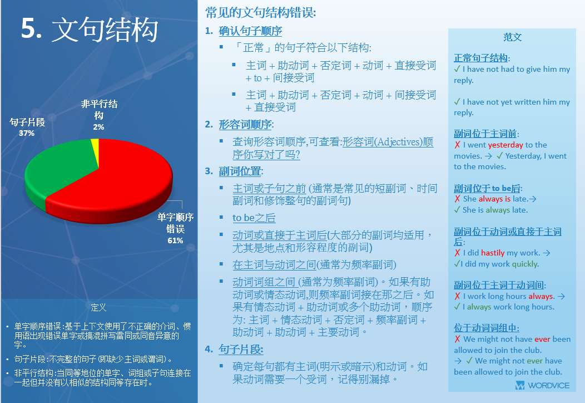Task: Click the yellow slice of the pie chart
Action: click(95, 149)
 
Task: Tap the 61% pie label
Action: click(175, 240)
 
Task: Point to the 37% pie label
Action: click(27, 133)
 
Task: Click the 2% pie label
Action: click(98, 127)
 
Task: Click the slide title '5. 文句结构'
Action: click(90, 29)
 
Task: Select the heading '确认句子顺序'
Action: click(250, 31)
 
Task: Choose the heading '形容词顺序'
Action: click(245, 124)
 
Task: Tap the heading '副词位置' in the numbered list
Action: click(240, 171)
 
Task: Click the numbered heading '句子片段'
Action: click(241, 349)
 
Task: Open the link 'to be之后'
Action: click(254, 218)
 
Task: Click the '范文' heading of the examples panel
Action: click(512, 37)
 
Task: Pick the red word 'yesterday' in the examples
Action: click(505, 145)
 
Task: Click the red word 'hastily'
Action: click(493, 253)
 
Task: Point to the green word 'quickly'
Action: click(525, 264)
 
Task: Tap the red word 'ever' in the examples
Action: click(542, 339)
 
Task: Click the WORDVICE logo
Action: click(542, 385)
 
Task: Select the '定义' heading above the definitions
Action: click(98, 307)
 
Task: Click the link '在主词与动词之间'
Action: click(274, 265)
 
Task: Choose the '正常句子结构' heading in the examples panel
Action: click(480, 58)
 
